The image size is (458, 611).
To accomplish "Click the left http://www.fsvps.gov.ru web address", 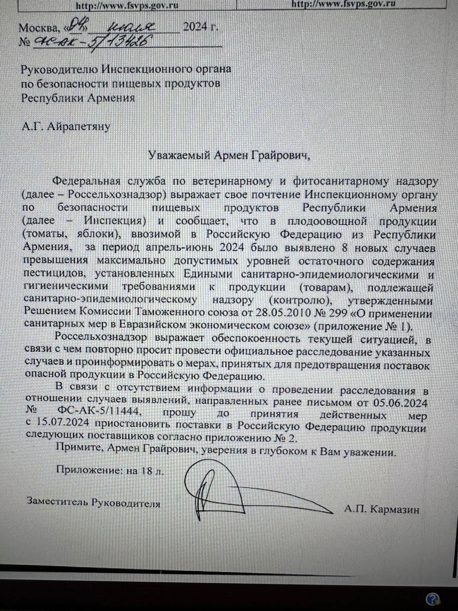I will (x=127, y=6).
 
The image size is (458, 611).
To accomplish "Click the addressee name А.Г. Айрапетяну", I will (x=66, y=126).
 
